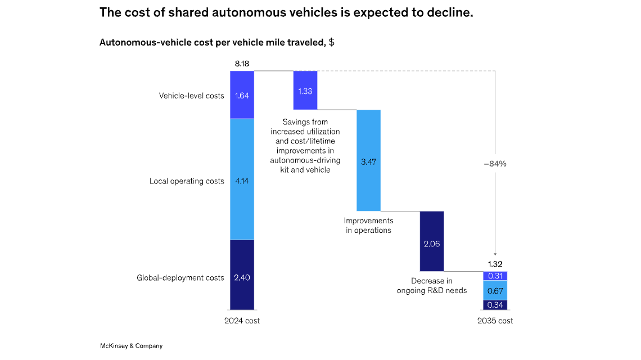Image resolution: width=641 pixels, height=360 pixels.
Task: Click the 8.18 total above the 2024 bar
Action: [242, 64]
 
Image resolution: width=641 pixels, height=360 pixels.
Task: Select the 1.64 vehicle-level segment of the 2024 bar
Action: [242, 95]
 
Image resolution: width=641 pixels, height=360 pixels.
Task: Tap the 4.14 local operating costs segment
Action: [242, 181]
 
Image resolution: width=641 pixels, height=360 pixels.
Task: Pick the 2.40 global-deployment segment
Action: [242, 277]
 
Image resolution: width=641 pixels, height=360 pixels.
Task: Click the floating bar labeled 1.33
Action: [305, 91]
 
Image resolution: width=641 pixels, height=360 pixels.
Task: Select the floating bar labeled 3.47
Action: [369, 161]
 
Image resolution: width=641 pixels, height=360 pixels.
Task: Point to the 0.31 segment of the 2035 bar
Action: [495, 276]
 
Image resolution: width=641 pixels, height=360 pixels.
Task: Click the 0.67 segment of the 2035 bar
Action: [495, 290]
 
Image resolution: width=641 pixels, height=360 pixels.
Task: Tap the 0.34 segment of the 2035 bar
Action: [495, 305]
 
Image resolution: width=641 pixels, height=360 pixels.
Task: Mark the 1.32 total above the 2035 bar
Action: [495, 264]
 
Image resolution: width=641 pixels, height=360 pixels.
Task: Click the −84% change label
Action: [495, 164]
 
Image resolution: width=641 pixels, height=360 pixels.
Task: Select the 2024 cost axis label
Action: [242, 321]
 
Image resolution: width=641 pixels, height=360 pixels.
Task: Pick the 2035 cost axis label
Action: [495, 321]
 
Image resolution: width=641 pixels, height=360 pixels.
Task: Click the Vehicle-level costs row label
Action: [191, 96]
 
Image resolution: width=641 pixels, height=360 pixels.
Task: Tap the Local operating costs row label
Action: [187, 181]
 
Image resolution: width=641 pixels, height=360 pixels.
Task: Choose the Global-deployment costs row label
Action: [180, 277]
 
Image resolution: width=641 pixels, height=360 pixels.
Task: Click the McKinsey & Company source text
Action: [131, 346]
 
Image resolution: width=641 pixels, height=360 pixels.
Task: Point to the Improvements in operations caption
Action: [369, 225]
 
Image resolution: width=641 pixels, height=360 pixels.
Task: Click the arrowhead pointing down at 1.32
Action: [495, 254]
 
